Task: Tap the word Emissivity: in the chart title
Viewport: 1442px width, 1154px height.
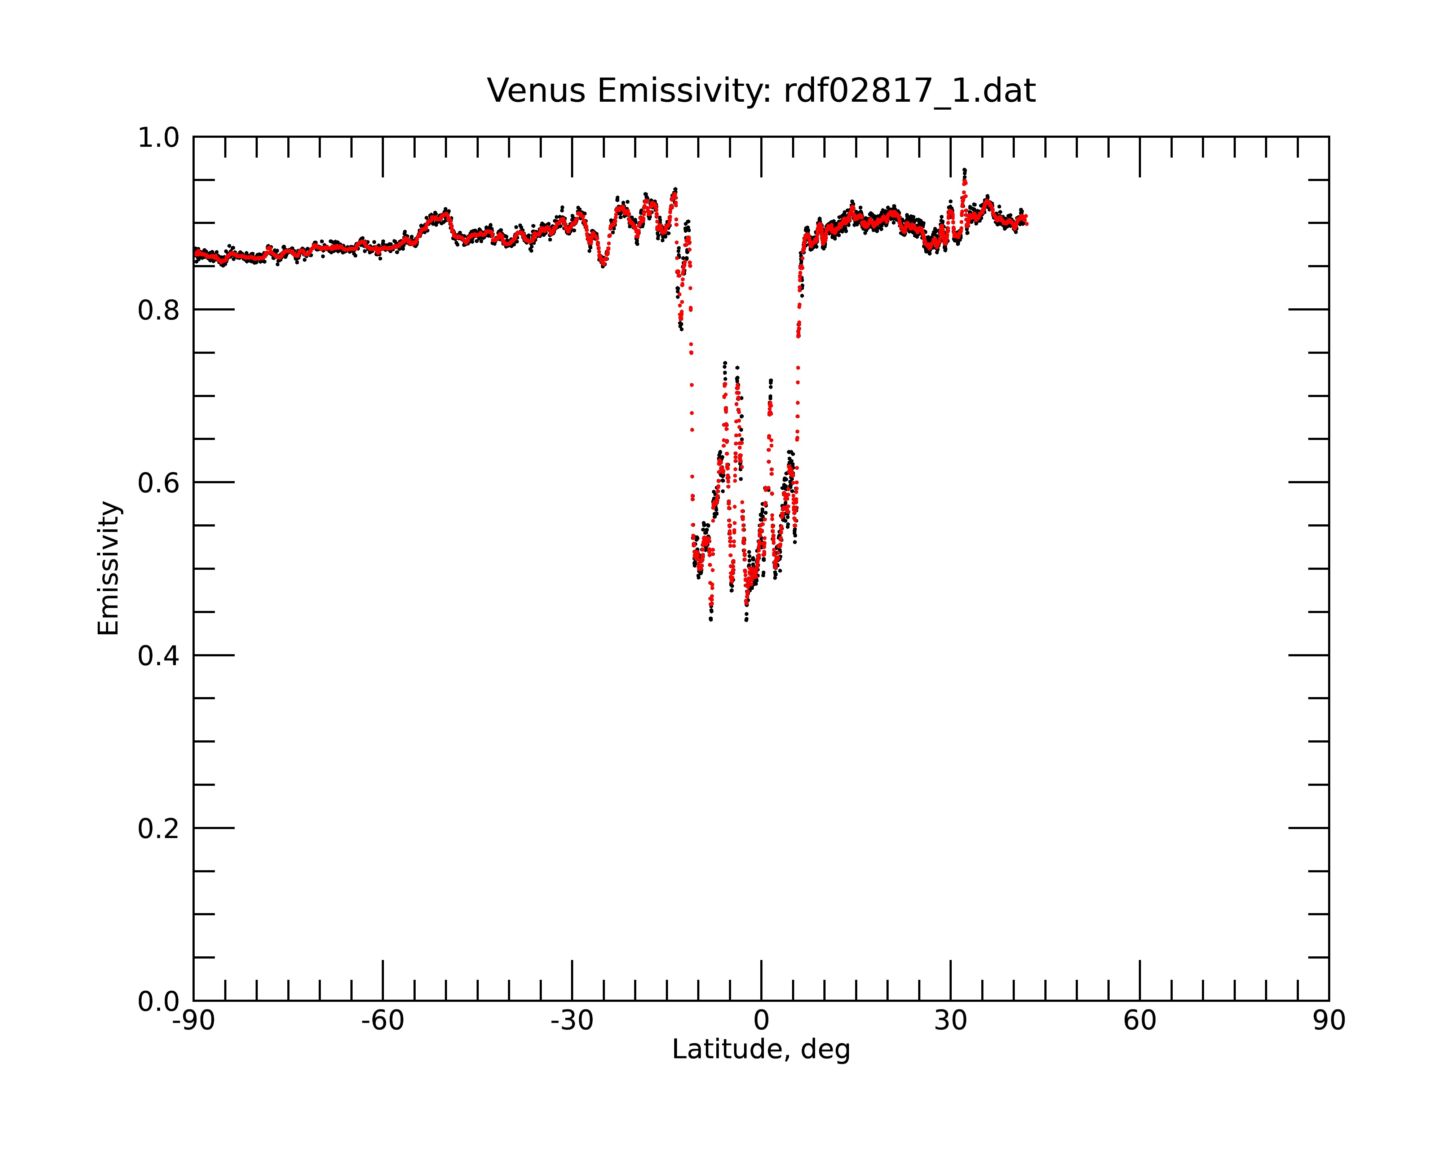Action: [684, 92]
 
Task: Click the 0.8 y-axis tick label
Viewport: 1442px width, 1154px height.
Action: [159, 310]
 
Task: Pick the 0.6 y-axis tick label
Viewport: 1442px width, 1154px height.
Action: [159, 483]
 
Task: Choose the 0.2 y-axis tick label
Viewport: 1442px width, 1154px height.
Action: [159, 829]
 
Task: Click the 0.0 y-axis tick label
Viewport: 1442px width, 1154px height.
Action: [159, 1001]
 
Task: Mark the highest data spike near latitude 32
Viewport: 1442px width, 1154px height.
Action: [964, 170]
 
